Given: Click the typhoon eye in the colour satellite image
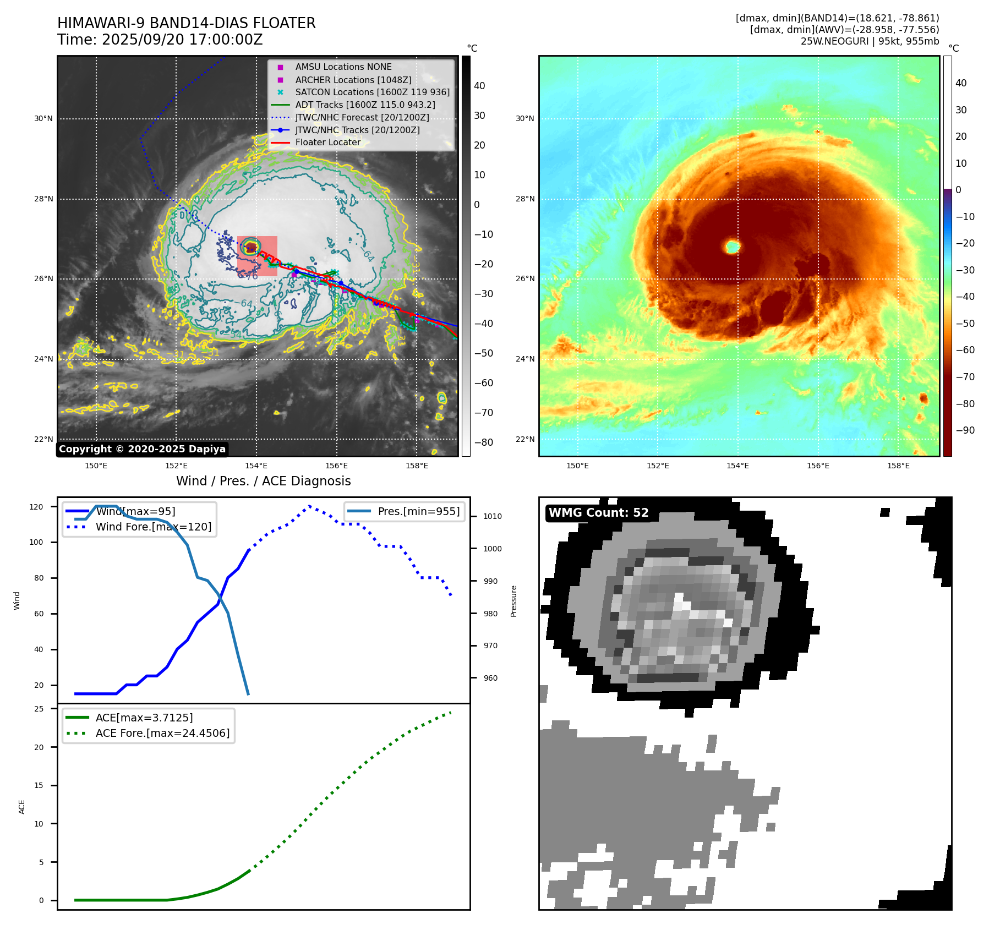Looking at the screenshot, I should tap(733, 246).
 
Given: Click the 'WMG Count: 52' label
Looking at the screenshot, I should tap(598, 513).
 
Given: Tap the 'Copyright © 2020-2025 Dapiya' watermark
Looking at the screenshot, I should tap(142, 449).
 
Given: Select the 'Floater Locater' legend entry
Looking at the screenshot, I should tap(327, 143).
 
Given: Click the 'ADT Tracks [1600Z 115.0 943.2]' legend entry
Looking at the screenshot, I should tap(365, 105).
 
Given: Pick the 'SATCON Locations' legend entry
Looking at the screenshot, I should tap(372, 92).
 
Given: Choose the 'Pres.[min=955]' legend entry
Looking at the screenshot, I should tap(418, 511).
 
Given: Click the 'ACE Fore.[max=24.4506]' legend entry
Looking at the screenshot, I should tap(162, 733).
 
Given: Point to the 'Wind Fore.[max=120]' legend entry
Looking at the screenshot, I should tap(153, 527).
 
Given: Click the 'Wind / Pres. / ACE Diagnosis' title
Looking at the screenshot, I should tap(263, 481).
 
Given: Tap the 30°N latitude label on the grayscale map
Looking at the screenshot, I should tap(43, 119).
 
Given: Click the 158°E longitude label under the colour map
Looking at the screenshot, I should tap(898, 466).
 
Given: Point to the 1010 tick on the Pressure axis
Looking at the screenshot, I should tap(493, 516).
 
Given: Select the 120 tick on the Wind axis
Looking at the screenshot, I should tap(36, 507).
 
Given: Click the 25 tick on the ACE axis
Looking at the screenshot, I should tap(39, 709).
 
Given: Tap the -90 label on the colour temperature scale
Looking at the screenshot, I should tap(965, 430).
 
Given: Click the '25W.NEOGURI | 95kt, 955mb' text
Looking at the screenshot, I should tap(870, 41).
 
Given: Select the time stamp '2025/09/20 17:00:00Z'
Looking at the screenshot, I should tap(182, 40).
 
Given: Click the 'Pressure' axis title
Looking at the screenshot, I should tap(513, 601).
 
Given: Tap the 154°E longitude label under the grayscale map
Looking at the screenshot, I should tap(256, 466).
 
